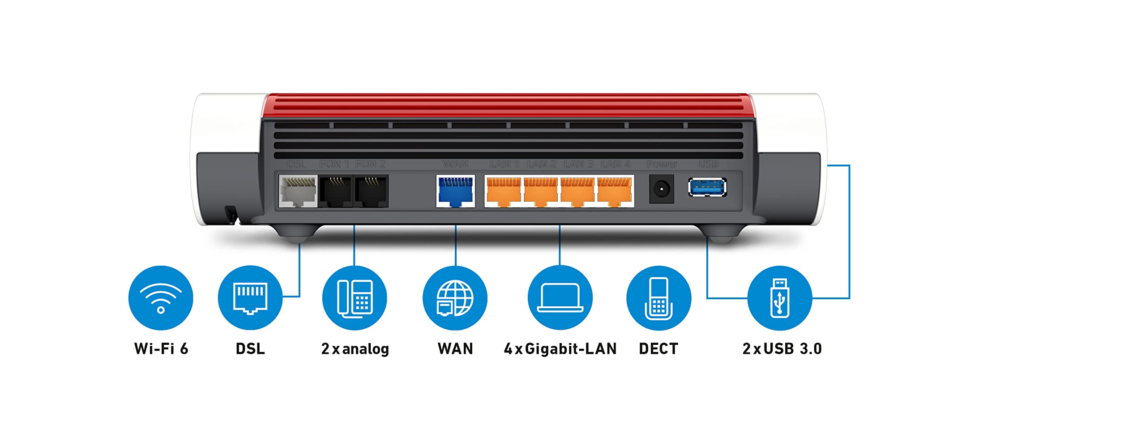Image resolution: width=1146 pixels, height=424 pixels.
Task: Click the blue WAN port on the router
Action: (455, 191)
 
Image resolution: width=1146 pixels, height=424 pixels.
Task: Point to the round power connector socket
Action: (661, 189)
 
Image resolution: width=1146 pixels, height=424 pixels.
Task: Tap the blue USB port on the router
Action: (707, 187)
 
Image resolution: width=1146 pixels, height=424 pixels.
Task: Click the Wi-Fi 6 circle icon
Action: (161, 298)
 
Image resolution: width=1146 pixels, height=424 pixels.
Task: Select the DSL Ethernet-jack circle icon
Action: (250, 298)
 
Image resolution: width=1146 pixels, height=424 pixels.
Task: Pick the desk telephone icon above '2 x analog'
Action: (355, 298)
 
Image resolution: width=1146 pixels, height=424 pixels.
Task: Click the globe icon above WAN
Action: (455, 298)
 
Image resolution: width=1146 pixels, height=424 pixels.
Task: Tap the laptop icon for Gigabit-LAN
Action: (560, 298)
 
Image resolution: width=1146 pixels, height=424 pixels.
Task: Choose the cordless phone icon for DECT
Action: (659, 298)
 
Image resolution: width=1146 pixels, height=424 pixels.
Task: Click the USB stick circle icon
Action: (779, 298)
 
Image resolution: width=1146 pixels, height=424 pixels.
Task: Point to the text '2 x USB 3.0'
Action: (782, 349)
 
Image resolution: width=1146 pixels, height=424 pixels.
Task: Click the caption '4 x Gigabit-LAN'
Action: (560, 349)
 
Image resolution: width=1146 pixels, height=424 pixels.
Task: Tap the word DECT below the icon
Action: (659, 349)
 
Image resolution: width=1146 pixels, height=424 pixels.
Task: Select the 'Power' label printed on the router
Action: (662, 165)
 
